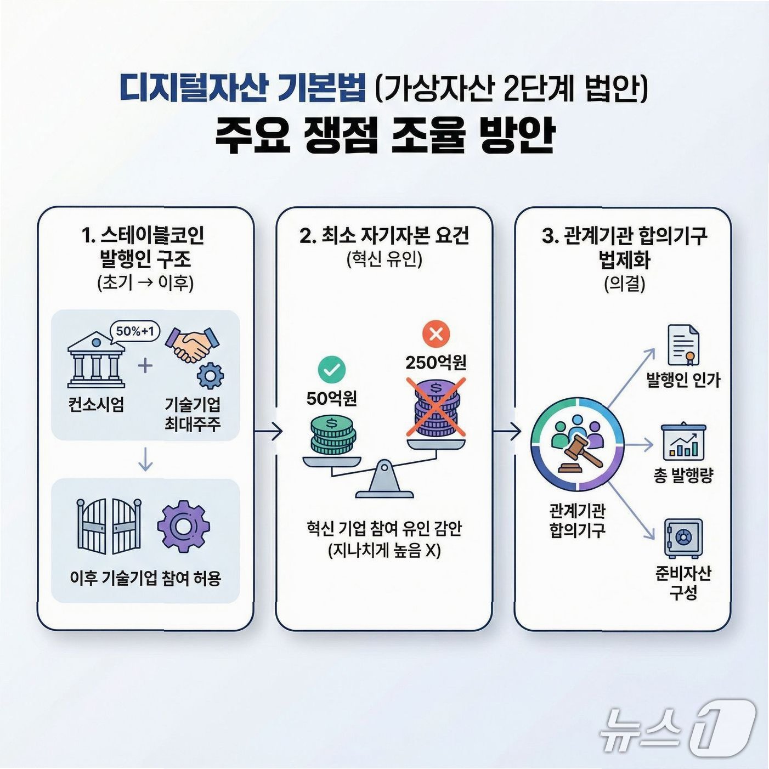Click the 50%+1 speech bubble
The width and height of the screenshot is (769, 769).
pyautogui.click(x=135, y=331)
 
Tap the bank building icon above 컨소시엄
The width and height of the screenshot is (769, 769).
pyautogui.click(x=96, y=360)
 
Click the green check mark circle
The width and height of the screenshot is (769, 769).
pyautogui.click(x=332, y=370)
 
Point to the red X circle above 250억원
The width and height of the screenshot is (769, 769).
pyautogui.click(x=436, y=333)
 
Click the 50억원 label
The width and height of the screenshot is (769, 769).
pyautogui.click(x=332, y=398)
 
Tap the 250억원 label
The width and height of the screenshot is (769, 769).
pyautogui.click(x=436, y=363)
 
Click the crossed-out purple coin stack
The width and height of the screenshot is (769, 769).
pyautogui.click(x=436, y=406)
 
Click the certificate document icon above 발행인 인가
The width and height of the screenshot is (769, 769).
pyautogui.click(x=683, y=345)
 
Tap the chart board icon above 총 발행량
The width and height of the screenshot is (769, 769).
pyautogui.click(x=683, y=442)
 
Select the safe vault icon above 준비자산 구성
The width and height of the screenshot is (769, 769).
pyautogui.click(x=683, y=538)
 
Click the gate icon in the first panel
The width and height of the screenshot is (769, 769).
pyautogui.click(x=109, y=526)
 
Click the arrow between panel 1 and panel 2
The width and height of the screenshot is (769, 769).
pyautogui.click(x=268, y=432)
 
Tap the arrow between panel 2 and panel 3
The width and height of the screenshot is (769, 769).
pyautogui.click(x=507, y=432)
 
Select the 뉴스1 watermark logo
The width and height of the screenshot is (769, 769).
pyautogui.click(x=677, y=727)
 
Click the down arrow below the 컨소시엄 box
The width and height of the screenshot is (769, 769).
pyautogui.click(x=145, y=460)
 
